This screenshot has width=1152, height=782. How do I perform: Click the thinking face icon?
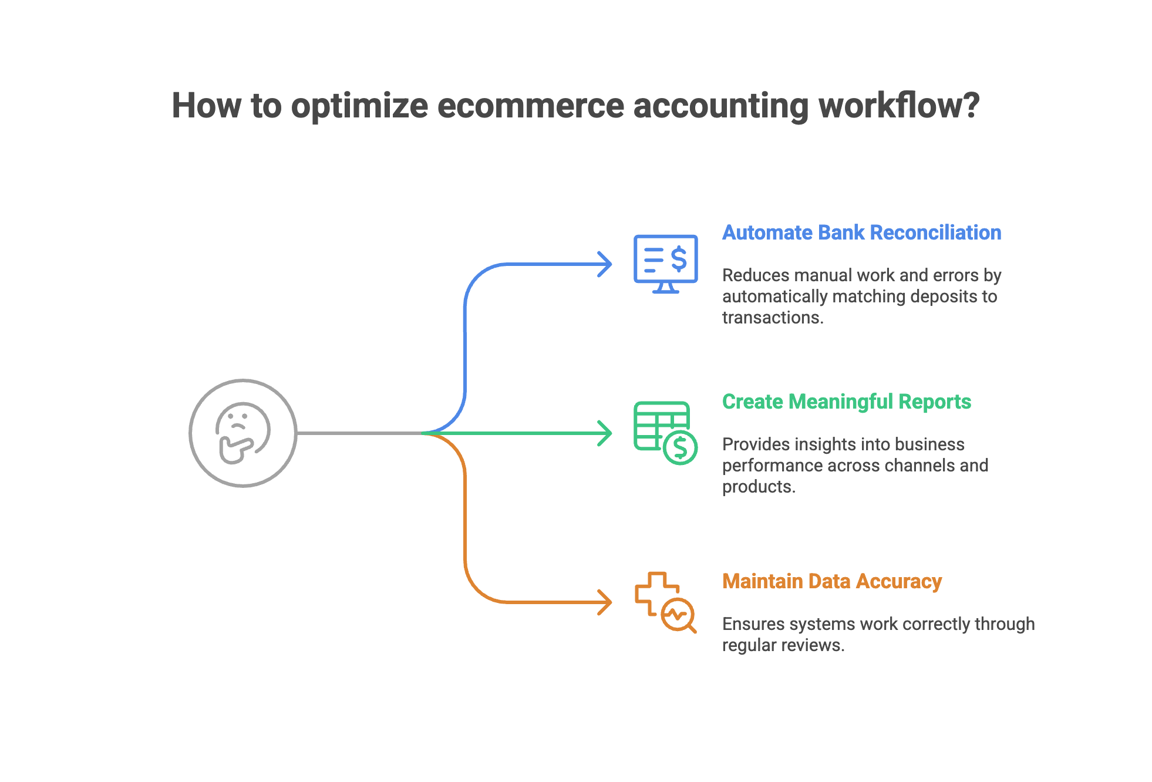coord(242,433)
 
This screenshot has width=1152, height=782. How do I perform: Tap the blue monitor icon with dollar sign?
coord(665,264)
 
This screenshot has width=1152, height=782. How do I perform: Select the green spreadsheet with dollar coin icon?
coord(665,433)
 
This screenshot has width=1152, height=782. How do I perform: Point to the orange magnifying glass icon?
coord(678,616)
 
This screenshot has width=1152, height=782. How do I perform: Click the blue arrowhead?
coord(605,264)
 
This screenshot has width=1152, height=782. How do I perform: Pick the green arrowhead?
coord(605,433)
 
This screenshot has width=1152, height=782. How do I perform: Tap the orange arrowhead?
coord(605,602)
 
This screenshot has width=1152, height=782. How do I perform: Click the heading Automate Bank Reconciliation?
coord(861,232)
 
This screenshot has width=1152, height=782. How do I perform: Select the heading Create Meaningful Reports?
coord(846,402)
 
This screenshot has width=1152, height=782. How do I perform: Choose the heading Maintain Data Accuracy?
coord(831,581)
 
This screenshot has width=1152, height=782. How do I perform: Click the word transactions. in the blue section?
coord(773,318)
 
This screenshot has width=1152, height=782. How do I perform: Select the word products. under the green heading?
coord(759,487)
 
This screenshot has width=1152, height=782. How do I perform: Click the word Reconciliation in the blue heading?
coord(939,232)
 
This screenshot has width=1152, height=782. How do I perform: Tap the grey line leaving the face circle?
coord(358,433)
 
